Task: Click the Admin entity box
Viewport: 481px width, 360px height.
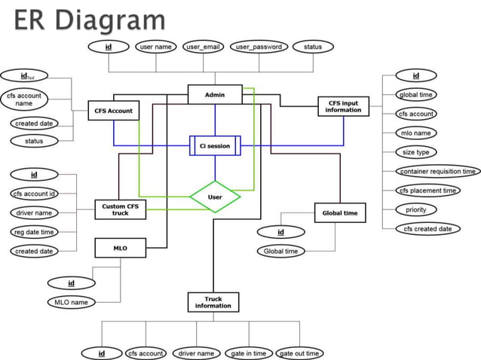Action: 215,95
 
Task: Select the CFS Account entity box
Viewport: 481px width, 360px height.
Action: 113,111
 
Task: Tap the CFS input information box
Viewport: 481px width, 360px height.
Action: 343,106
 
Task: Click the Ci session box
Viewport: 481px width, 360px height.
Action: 215,145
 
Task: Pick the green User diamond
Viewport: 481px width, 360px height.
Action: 215,197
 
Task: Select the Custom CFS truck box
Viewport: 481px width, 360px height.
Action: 120,209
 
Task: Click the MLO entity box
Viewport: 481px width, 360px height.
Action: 120,248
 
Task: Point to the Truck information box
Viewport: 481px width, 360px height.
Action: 213,303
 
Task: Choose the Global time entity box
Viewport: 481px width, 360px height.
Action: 339,213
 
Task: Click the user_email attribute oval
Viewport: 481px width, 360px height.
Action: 202,47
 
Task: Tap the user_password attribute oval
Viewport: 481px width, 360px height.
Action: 258,47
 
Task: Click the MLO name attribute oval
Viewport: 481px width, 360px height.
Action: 72,302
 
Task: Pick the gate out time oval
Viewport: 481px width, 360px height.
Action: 299,353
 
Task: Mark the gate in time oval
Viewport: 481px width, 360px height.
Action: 248,353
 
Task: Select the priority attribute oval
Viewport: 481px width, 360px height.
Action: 416,209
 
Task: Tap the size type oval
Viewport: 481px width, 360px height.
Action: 415,152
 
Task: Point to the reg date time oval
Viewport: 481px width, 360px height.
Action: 33,232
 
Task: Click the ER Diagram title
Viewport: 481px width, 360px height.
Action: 89,20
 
